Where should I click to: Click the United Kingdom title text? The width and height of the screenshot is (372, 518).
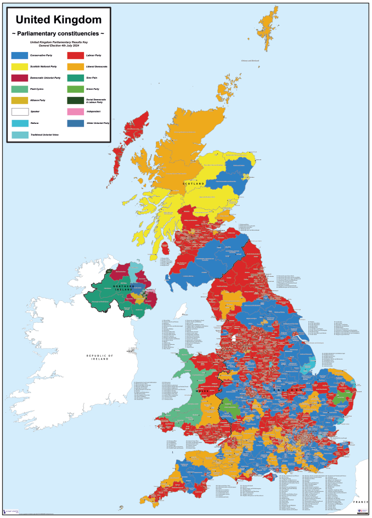tap(58, 20)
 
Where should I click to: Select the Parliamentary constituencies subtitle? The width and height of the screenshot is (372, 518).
tap(58, 35)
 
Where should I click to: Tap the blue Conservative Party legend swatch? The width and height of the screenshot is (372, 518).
tap(19, 55)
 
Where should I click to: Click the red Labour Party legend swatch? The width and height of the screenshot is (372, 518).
tap(75, 55)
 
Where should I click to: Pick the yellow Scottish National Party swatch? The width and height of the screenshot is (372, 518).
tap(19, 66)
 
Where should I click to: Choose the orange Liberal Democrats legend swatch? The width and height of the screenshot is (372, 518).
tap(75, 66)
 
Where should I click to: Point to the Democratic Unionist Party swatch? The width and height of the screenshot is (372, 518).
tap(19, 78)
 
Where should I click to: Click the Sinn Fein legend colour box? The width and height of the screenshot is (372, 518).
tap(75, 78)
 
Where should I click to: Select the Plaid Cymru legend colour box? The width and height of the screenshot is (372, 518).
tap(19, 89)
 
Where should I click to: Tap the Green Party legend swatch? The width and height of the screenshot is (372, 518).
tap(75, 89)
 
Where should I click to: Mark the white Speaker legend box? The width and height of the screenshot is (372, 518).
tap(19, 112)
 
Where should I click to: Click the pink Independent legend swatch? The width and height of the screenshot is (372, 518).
tap(75, 112)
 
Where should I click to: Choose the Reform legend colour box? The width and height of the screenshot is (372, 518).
tap(19, 123)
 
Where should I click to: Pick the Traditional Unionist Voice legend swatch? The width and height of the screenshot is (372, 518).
tap(19, 134)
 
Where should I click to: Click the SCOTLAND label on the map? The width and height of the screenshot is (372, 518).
tap(194, 183)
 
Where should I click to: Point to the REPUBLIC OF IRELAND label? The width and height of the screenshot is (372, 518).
tap(99, 357)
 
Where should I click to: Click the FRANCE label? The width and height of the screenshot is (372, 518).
tap(360, 502)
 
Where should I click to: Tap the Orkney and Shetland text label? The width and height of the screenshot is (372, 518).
tap(249, 61)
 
